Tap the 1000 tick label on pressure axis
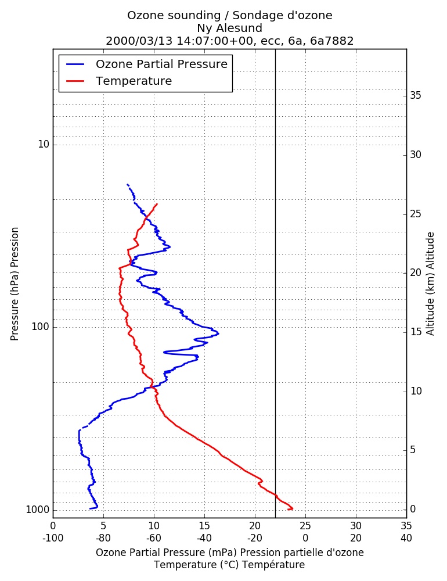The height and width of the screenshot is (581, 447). (x=37, y=510)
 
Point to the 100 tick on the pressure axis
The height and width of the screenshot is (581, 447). (x=41, y=327)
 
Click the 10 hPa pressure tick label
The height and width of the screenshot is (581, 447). (x=44, y=144)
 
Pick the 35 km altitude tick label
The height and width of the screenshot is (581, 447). (x=416, y=96)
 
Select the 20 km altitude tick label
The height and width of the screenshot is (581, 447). (x=416, y=272)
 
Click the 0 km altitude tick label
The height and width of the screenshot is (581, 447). (x=413, y=509)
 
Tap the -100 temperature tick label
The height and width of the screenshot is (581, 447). (x=53, y=538)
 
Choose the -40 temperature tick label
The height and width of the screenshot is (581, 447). (x=204, y=538)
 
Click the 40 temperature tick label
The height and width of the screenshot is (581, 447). (x=406, y=538)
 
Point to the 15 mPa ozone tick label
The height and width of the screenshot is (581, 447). (x=204, y=526)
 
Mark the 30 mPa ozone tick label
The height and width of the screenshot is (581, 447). (x=356, y=526)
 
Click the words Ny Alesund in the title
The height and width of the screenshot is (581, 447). (x=230, y=28)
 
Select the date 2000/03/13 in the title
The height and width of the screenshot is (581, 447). (x=139, y=41)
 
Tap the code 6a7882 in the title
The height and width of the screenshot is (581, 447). (x=332, y=41)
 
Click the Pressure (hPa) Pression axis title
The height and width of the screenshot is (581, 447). (x=15, y=284)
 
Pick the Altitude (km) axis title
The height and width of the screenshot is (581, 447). (x=430, y=284)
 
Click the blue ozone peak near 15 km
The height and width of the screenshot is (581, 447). (x=218, y=333)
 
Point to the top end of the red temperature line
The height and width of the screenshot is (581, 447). (x=157, y=204)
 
